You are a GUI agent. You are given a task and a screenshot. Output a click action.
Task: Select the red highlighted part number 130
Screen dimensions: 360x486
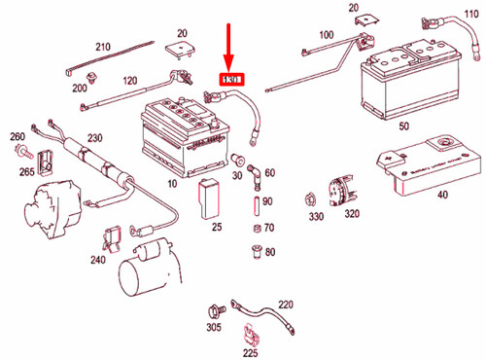pos(230,79)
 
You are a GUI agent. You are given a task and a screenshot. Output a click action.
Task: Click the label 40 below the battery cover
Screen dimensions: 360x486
pos(442,195)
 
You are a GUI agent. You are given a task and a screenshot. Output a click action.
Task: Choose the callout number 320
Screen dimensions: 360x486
pos(351,214)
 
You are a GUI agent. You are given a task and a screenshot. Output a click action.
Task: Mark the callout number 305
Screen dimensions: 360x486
pos(213,329)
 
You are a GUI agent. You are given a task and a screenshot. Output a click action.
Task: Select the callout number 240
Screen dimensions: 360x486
pos(97,260)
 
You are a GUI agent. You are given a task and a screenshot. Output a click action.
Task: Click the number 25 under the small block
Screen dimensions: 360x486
pos(217,227)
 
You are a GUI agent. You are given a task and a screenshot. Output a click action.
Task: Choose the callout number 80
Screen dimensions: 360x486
pos(269,252)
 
